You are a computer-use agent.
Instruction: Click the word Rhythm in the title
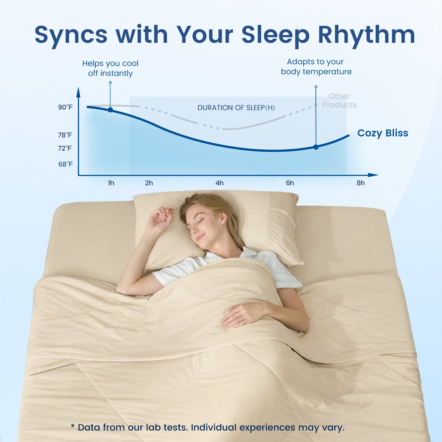tap(366, 35)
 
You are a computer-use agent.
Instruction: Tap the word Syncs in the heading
tap(71, 35)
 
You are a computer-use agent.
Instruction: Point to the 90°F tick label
tap(65, 107)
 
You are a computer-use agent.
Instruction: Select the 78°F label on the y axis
tap(65, 135)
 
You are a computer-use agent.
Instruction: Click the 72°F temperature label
tap(65, 148)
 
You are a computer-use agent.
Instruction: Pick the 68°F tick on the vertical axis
tap(65, 164)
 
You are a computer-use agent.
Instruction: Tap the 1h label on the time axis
tap(111, 183)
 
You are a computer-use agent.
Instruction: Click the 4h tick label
tap(219, 183)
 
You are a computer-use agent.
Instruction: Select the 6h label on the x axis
tap(290, 183)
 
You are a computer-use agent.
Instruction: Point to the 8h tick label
tap(361, 183)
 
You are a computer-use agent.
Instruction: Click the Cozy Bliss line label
tap(383, 133)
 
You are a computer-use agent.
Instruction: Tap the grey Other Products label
tap(339, 101)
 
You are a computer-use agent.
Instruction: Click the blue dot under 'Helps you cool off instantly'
tap(110, 110)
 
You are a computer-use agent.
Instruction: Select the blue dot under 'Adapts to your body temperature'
tap(316, 147)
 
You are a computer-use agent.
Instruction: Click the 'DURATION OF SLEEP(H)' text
tap(236, 108)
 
